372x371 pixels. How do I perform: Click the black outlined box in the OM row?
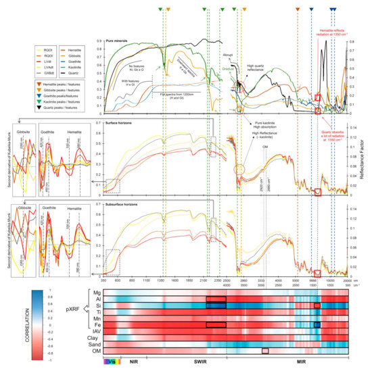pos(264,351)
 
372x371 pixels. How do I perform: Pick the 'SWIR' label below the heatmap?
pos(199,362)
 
